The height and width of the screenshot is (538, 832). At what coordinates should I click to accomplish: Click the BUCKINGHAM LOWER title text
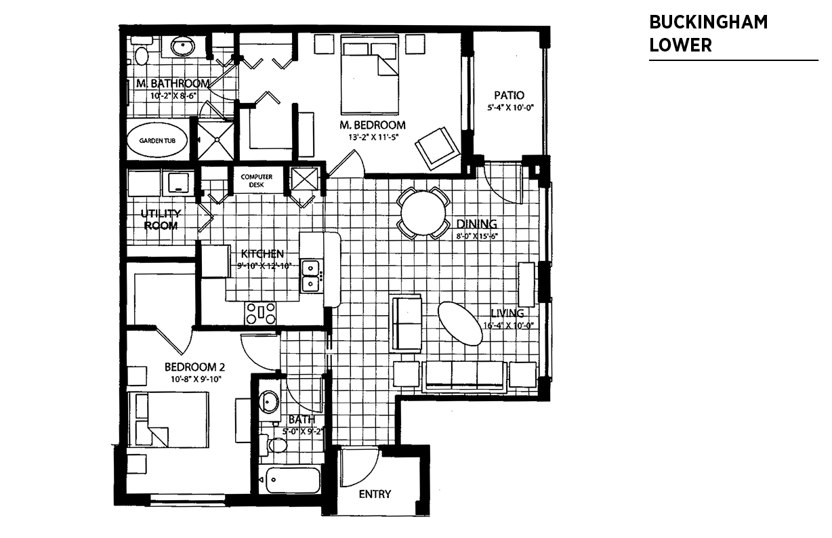(708, 33)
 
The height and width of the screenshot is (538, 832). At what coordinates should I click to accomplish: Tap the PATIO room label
(509, 96)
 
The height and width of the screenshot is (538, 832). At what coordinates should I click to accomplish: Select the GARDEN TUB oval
(157, 141)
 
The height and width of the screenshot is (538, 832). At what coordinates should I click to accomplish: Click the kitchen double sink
(310, 275)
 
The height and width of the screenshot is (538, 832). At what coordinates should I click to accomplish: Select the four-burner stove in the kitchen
(261, 313)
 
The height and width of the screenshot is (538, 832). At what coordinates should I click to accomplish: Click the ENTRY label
(375, 494)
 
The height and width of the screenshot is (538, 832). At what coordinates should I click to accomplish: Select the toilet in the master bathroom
(142, 54)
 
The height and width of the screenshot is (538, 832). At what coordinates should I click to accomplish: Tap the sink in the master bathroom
(182, 47)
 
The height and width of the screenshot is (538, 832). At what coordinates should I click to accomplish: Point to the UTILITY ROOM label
(161, 220)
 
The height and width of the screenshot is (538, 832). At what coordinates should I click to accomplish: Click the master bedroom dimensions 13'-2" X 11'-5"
(372, 137)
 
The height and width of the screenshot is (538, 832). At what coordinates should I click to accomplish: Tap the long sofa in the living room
(463, 376)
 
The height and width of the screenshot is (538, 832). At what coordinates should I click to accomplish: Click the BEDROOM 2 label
(193, 367)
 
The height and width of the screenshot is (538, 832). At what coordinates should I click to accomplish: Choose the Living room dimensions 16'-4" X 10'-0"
(509, 325)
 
